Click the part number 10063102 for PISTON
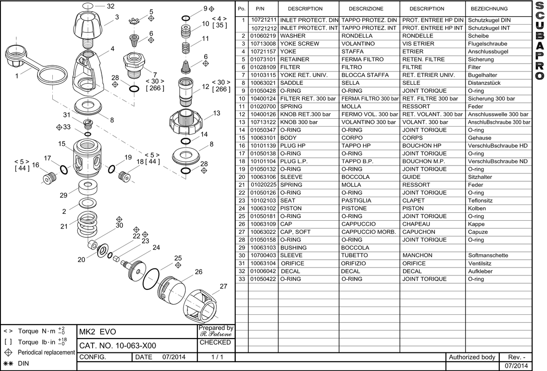pos(263,208)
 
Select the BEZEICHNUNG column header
pos(489,9)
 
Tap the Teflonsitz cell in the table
pos(480,200)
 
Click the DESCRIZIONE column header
pos(366,9)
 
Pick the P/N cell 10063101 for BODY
pos(263,138)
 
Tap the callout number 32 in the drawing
pos(110,6)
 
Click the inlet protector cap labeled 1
pos(19,58)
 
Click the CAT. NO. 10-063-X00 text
pos(118,345)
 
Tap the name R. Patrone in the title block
pos(216,334)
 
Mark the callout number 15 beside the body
pos(62,144)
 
